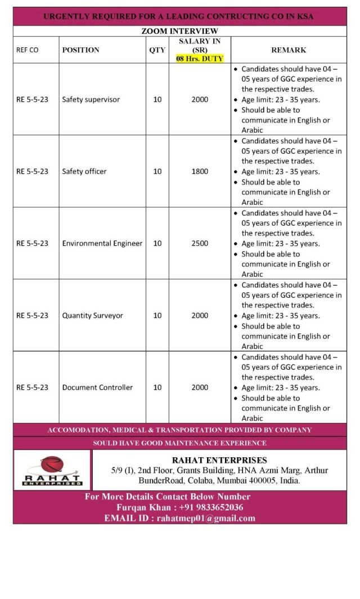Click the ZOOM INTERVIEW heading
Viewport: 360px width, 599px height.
point(179,31)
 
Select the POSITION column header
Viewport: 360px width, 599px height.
point(80,50)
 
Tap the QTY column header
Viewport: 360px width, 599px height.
point(157,50)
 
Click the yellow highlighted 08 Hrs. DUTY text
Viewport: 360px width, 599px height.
point(200,58)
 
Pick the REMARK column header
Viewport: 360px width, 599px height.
point(289,50)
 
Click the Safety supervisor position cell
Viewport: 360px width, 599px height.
point(91,100)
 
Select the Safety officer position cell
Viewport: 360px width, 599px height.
point(84,172)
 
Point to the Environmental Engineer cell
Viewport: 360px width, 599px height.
point(102,244)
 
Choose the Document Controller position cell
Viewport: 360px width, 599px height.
point(97,388)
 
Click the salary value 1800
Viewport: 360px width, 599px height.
point(200,172)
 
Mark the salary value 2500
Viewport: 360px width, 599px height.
point(200,244)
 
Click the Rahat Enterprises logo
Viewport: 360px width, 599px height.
point(52,470)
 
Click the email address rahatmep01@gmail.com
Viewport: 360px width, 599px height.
point(206,518)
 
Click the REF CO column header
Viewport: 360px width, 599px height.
point(28,50)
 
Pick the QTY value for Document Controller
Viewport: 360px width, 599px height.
point(157,388)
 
